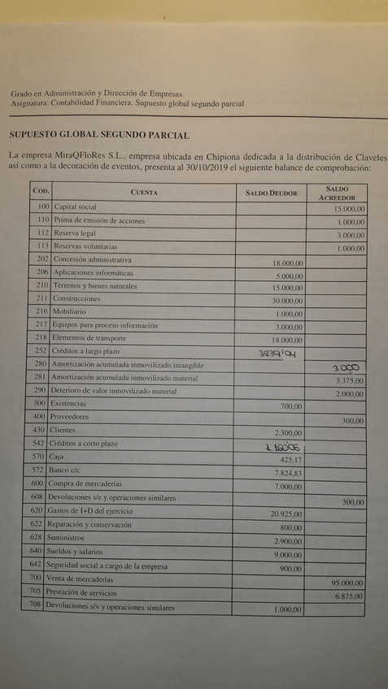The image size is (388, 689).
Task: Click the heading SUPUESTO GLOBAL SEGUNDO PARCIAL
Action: (x=98, y=135)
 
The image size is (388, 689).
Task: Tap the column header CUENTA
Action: (x=144, y=193)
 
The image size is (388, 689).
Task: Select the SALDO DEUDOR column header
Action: (x=272, y=193)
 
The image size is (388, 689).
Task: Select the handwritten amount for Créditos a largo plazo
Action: (x=277, y=353)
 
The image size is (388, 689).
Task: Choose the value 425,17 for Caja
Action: (x=290, y=459)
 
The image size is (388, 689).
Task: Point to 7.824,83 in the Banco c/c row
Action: (x=286, y=473)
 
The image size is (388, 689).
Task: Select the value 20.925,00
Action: (x=286, y=513)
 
